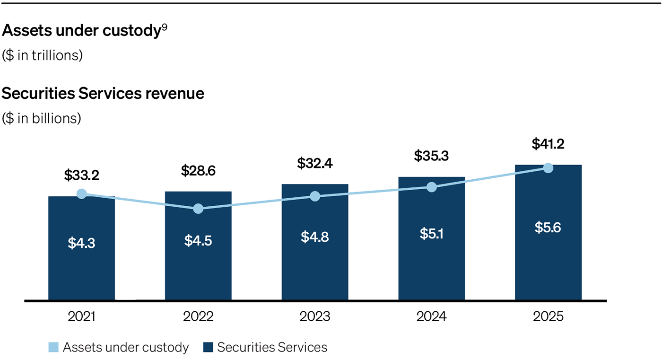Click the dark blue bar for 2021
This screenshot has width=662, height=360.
click(81, 265)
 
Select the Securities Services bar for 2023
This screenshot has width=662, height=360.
click(315, 265)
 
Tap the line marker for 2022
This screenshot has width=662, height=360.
click(198, 209)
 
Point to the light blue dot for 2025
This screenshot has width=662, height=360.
click(548, 168)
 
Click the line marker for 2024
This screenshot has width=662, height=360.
click(431, 187)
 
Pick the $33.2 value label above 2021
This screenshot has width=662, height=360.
click(81, 176)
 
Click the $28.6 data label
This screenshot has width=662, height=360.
click(198, 171)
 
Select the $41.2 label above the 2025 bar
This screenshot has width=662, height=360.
click(548, 144)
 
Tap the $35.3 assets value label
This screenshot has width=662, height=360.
click(431, 155)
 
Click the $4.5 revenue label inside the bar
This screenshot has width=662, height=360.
click(198, 240)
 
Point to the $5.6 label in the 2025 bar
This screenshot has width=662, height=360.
click(548, 228)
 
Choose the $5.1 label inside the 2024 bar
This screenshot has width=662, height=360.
click(431, 234)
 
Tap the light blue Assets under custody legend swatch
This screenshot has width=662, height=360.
click(53, 348)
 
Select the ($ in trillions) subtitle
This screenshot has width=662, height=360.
click(43, 55)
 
